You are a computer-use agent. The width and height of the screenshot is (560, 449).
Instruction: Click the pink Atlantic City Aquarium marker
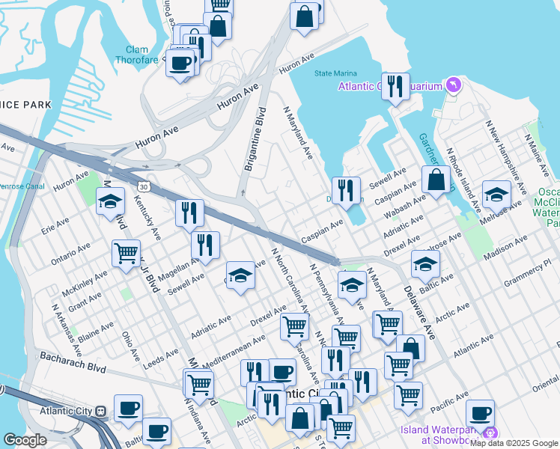click(452, 86)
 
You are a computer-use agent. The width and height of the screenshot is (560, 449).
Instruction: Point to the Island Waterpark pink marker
click(490, 433)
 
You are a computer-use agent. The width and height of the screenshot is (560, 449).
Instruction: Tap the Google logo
click(25, 440)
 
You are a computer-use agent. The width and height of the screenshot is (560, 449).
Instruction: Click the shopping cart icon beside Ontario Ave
click(127, 252)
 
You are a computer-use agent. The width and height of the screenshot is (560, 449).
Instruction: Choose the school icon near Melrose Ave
click(496, 195)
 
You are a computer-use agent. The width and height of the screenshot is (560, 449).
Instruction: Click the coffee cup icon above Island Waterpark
click(480, 412)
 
